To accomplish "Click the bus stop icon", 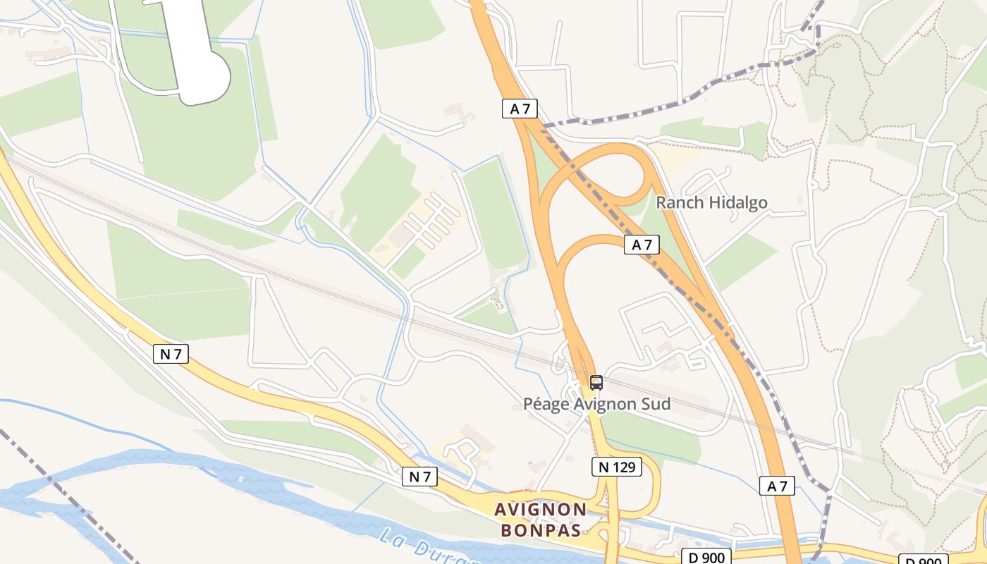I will (596, 383).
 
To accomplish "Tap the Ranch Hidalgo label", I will (711, 203).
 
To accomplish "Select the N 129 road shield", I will (616, 466).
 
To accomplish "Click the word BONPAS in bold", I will (541, 530).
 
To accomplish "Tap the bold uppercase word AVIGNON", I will (541, 509).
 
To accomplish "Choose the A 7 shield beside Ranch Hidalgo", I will (642, 245).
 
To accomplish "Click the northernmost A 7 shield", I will (520, 109).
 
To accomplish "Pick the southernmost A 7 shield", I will (777, 486).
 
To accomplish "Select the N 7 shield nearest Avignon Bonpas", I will (419, 477).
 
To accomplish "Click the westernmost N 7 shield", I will (171, 354).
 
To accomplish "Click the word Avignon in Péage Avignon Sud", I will (599, 405).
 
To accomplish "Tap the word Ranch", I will (680, 203).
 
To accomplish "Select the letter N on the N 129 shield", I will (603, 466).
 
